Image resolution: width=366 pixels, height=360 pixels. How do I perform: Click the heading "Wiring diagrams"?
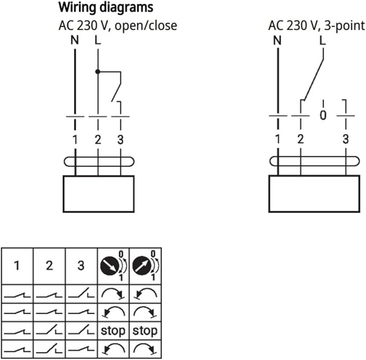click(106, 7)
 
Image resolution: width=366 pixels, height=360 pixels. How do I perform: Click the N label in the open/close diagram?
click(75, 40)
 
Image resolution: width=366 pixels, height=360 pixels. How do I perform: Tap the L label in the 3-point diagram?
click(322, 40)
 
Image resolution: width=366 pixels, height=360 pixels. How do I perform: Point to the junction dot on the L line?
click(98, 72)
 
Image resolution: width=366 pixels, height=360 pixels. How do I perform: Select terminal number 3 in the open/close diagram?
click(120, 140)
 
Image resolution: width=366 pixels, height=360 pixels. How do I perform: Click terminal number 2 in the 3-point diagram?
click(300, 139)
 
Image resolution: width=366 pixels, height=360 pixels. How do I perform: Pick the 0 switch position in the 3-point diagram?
click(323, 115)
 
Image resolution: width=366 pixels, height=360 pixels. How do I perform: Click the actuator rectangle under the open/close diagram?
click(98, 194)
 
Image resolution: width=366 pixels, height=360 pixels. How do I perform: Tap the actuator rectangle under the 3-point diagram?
click(314, 194)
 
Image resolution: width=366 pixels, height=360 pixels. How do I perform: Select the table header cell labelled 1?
click(17, 266)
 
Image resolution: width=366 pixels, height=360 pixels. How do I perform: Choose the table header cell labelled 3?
click(81, 266)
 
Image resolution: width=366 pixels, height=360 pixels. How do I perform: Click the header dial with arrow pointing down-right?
click(109, 266)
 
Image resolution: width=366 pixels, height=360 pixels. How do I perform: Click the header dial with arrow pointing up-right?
click(142, 266)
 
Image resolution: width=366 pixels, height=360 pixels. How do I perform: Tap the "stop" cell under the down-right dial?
click(113, 331)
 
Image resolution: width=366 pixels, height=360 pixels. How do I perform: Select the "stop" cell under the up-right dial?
click(145, 331)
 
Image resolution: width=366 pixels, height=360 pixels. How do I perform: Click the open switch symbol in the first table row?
click(81, 293)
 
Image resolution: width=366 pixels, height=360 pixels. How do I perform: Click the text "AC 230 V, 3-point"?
click(317, 25)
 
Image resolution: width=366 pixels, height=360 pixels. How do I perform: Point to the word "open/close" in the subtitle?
click(146, 25)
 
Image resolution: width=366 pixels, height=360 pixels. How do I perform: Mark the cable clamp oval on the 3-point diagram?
click(314, 161)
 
